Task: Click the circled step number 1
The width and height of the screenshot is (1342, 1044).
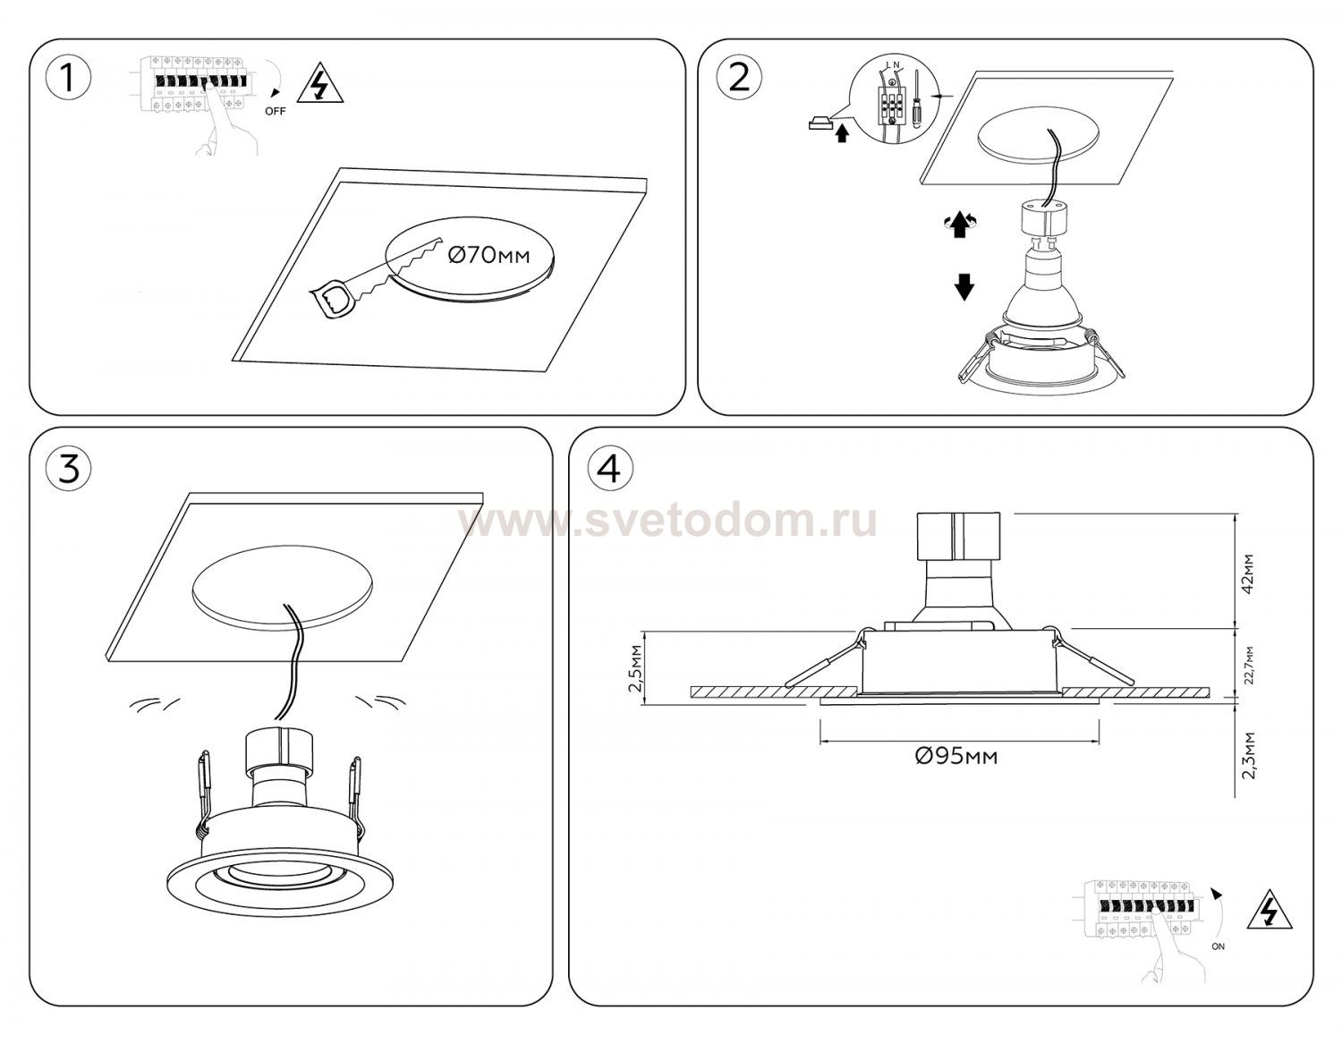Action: [69, 80]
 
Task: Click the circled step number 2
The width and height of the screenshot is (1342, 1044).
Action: [739, 80]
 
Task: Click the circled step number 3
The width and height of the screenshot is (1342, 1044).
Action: [69, 469]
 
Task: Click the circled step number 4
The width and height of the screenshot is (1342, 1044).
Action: [609, 469]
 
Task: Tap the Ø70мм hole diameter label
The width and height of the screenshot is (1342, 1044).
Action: [488, 256]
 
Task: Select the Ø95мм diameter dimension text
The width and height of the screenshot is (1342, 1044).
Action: [956, 756]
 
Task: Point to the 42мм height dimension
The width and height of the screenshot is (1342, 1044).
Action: [1249, 574]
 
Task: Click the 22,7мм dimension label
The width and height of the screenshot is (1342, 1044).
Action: [1249, 666]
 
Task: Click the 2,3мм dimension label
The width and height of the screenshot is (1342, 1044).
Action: [1249, 756]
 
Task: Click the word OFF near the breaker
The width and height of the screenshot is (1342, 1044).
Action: [275, 112]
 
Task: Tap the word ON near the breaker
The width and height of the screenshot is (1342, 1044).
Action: [1219, 946]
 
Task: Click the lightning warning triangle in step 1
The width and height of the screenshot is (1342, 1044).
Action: [320, 83]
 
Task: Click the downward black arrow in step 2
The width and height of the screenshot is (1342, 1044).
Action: [964, 286]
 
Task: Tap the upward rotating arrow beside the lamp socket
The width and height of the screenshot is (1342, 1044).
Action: [959, 225]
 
